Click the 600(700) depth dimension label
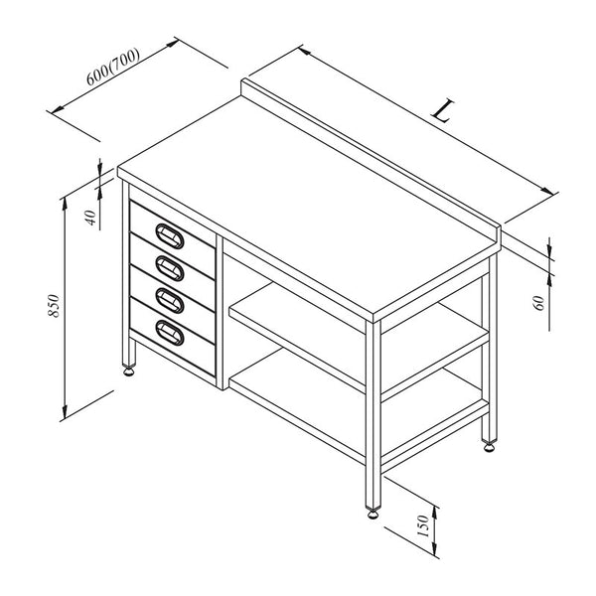(113, 67)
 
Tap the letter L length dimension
(443, 110)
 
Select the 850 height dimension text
(54, 306)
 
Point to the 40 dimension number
(91, 218)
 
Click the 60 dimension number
(539, 303)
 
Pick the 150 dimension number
(423, 526)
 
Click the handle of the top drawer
(170, 236)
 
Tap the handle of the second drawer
(170, 268)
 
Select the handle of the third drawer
(170, 300)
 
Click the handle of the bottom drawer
(170, 333)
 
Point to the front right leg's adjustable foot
(373, 514)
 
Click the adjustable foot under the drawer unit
(129, 371)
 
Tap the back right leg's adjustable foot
(489, 447)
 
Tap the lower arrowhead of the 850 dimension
(65, 411)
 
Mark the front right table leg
(373, 415)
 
